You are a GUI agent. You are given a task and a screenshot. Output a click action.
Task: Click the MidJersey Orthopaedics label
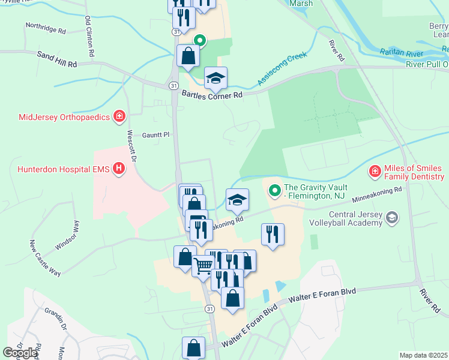coord(56,116)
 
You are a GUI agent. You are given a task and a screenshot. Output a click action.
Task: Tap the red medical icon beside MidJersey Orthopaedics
coord(119,116)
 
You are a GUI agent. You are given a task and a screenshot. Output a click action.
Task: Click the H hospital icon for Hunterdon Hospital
coord(119,170)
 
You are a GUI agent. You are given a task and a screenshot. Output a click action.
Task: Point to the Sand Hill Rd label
coord(58,59)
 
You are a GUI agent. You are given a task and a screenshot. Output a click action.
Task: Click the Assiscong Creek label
coord(282,70)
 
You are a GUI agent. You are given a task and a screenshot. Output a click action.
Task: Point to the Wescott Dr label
coord(132,145)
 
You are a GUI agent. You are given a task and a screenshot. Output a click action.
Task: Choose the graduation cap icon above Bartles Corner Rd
coord(216,78)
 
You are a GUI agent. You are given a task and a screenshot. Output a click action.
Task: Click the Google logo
coord(20,353)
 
